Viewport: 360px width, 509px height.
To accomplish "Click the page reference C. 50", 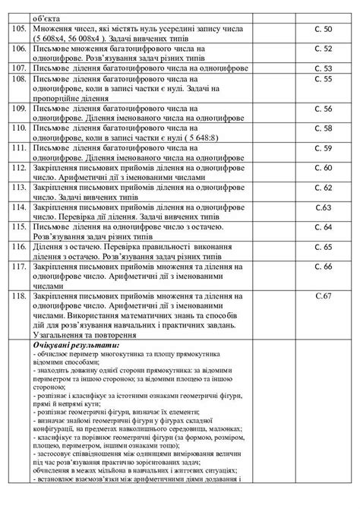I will click(324, 27).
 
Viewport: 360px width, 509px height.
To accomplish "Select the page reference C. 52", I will click(324, 48).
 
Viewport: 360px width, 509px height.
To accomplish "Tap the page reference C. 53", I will click(324, 68).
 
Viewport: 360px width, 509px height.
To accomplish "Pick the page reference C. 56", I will click(324, 108).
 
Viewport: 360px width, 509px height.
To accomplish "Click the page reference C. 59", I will click(324, 147).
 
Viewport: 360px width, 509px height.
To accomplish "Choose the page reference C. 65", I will click(324, 247).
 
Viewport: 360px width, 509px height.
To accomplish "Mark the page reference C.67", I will click(324, 294).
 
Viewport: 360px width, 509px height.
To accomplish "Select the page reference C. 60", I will click(324, 167).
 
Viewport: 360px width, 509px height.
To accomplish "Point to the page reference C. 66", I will click(324, 267).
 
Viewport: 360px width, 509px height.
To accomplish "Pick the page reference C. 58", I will click(324, 128).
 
